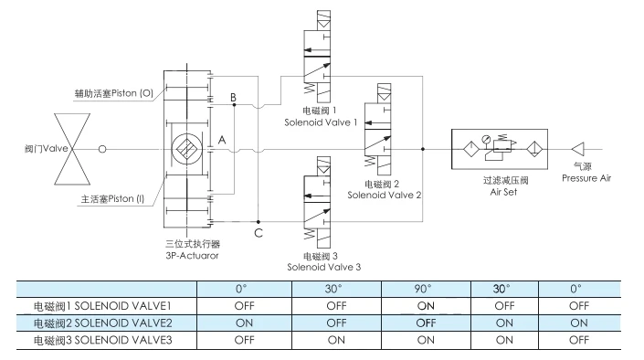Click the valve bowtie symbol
pyautogui.click(x=72, y=149)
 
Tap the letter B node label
pyautogui.click(x=233, y=98)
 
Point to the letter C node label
pyautogui.click(x=259, y=233)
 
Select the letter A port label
pyautogui.click(x=222, y=140)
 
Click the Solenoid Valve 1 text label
pyautogui.click(x=321, y=122)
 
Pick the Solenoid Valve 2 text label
pyautogui.click(x=384, y=195)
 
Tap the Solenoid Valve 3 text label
pyautogui.click(x=323, y=267)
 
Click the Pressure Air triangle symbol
pyautogui.click(x=578, y=149)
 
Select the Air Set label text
pyautogui.click(x=503, y=192)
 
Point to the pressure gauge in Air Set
pyautogui.click(x=486, y=139)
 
